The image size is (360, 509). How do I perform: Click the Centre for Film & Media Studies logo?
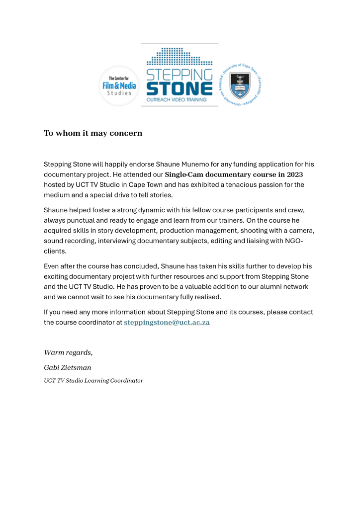(x=118, y=85)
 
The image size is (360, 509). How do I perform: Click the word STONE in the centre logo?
(x=179, y=89)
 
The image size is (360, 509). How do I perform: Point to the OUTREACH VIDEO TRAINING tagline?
(x=179, y=100)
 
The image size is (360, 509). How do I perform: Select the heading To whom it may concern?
(x=93, y=133)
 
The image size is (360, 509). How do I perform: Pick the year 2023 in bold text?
(x=294, y=174)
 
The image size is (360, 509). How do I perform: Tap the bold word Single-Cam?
(x=183, y=174)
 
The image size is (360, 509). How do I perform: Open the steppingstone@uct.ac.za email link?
(x=167, y=323)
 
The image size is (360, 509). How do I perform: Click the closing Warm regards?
(x=68, y=352)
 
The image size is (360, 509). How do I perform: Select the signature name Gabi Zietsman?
(x=68, y=368)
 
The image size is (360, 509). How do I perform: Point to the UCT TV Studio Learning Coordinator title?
(x=93, y=381)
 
